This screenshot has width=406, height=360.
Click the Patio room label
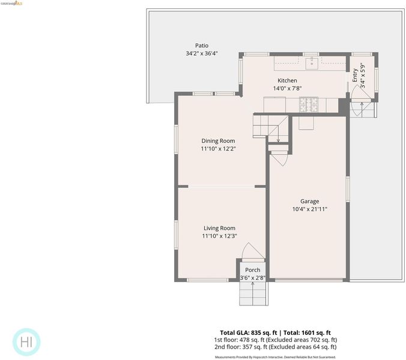coord(202,46)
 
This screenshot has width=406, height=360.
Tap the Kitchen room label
coord(287,80)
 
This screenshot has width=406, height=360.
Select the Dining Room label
coord(218,141)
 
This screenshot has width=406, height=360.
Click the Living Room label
coord(220,228)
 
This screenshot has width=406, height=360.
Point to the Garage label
coord(310,201)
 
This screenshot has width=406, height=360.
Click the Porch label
coord(253,270)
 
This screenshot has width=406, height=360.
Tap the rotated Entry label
coord(355,75)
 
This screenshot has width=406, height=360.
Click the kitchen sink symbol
coord(312,64)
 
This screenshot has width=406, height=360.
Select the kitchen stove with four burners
coord(309,104)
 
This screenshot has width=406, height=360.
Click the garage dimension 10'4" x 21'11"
coord(310,209)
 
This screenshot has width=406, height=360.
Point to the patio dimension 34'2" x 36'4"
coord(202,53)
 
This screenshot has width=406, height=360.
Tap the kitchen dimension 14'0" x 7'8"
coord(288,88)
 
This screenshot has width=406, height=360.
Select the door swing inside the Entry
coord(361,91)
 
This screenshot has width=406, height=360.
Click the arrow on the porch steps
coord(252,293)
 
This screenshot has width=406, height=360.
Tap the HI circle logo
coord(26,342)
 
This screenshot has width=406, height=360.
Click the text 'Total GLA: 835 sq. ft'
coord(249,333)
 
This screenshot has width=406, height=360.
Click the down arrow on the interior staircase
coord(278,133)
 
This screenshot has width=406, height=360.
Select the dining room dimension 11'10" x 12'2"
coord(218,149)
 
